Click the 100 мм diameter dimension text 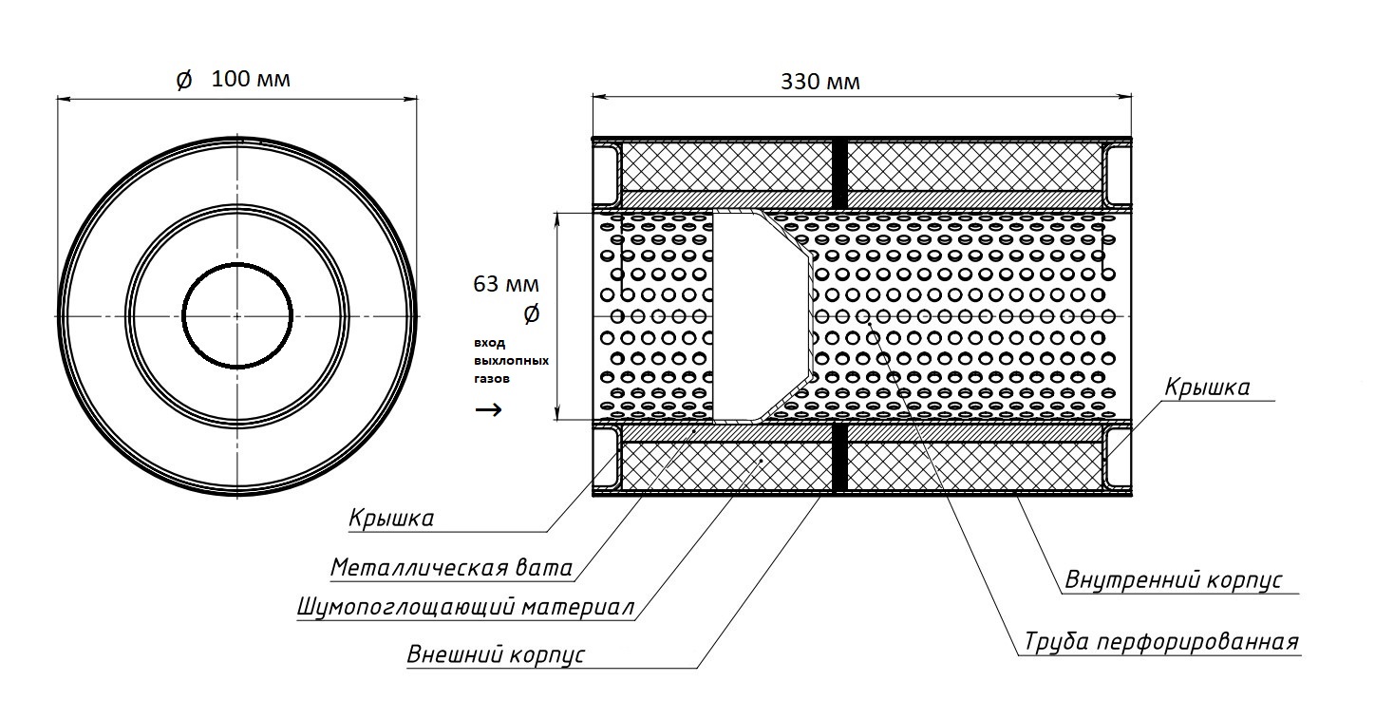pyautogui.click(x=251, y=80)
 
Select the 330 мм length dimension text pyautogui.click(x=820, y=82)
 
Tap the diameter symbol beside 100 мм pyautogui.click(x=184, y=81)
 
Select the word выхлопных pyautogui.click(x=510, y=361)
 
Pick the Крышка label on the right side pyautogui.click(x=1207, y=388)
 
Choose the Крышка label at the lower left pyautogui.click(x=391, y=519)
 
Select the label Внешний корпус pyautogui.click(x=496, y=655)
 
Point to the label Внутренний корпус pyautogui.click(x=1174, y=579)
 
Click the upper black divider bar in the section pyautogui.click(x=839, y=173)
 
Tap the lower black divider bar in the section pyautogui.click(x=839, y=459)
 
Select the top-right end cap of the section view pyautogui.click(x=1119, y=173)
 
